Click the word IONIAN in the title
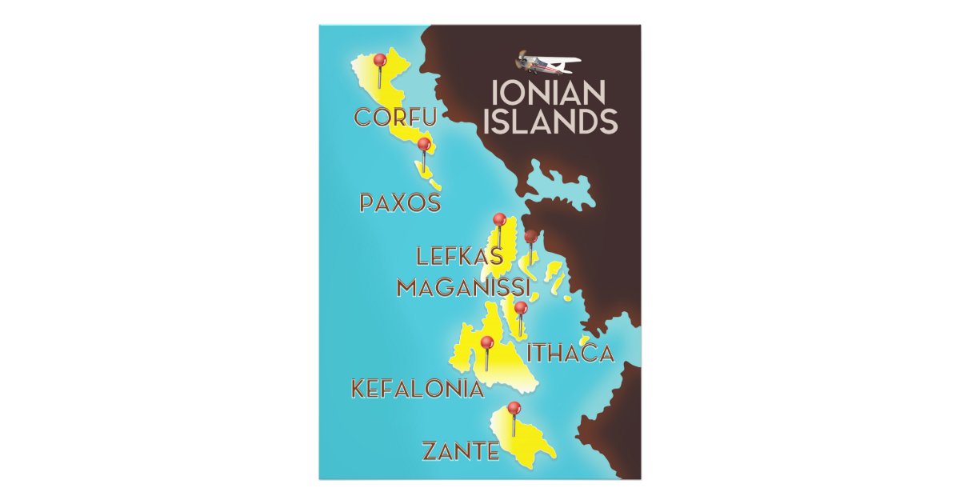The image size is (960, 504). (547, 94)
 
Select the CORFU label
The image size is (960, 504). (395, 118)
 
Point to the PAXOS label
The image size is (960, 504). (400, 203)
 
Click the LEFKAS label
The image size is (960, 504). (460, 257)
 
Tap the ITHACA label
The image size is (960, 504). (570, 353)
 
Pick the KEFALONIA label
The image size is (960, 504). (418, 390)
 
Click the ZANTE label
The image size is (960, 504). (460, 452)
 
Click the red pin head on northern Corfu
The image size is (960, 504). (380, 60)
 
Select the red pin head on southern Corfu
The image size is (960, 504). (424, 145)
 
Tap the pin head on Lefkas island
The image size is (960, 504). (499, 219)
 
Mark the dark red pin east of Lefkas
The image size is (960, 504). (530, 236)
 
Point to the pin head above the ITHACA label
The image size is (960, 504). (521, 307)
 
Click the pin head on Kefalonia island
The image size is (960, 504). (486, 342)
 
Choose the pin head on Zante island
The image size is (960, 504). (514, 408)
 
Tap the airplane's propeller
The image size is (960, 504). (522, 59)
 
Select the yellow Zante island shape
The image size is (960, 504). (528, 440)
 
